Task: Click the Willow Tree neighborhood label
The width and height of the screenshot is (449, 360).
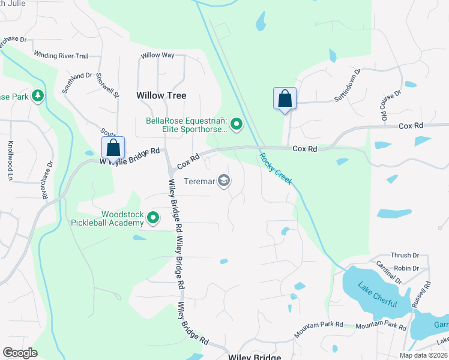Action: click(161, 95)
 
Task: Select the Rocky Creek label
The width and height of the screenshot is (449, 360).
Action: click(276, 168)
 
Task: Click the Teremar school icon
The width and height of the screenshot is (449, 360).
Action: click(224, 181)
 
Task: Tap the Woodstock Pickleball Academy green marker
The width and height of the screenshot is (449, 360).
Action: click(154, 218)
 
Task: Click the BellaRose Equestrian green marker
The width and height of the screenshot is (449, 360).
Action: click(237, 125)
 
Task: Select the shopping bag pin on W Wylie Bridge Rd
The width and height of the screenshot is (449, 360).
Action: click(113, 148)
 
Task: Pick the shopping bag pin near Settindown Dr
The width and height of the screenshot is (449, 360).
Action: click(285, 98)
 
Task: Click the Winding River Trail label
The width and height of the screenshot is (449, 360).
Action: click(61, 56)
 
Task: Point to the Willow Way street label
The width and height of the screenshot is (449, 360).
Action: click(157, 55)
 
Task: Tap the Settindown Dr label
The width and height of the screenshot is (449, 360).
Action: click(348, 85)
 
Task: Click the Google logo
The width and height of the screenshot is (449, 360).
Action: click(20, 353)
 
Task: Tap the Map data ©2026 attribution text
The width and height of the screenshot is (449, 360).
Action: click(423, 355)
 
